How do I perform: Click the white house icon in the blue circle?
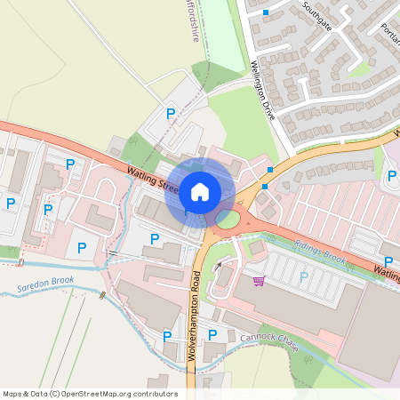(199, 191)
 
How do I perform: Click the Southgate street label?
(316, 16)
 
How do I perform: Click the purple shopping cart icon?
(259, 281)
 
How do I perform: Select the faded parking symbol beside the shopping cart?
(303, 276)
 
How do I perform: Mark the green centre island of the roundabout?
(228, 218)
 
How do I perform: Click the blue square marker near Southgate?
(266, 12)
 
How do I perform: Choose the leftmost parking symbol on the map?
(11, 204)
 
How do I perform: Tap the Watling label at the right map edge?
(386, 271)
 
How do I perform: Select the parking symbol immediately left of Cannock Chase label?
(212, 334)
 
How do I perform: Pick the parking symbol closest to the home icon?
(155, 238)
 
